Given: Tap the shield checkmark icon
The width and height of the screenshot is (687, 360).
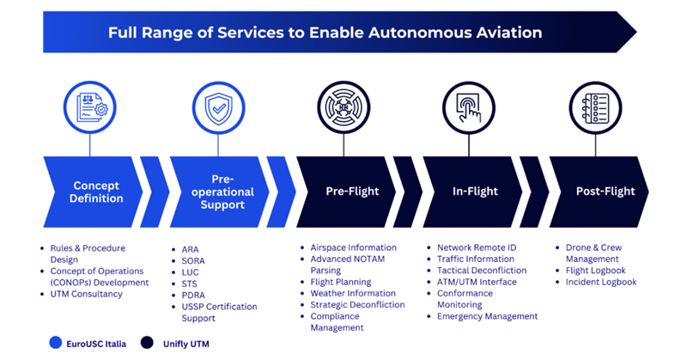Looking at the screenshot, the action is pos(219,108).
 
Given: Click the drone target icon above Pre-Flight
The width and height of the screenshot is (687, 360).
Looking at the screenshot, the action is pos(343,107).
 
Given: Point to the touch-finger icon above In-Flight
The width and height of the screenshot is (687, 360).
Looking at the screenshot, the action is pos(468,107).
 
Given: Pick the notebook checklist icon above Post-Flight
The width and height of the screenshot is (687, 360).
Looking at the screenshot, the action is pos(595,107).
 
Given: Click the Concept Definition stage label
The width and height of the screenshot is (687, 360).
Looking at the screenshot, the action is pos(96,192).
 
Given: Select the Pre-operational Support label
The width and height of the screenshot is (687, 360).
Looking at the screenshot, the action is pos(222,192).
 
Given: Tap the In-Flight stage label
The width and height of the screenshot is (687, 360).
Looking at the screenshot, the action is pos(475,192).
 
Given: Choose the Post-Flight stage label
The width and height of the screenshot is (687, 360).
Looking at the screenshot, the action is pos(605,192).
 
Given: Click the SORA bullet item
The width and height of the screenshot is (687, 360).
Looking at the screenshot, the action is pos(193,261).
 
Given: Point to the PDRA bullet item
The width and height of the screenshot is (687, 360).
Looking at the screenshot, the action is pos(193,295).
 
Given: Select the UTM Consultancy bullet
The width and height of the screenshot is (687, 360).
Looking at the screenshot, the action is pos(87,294).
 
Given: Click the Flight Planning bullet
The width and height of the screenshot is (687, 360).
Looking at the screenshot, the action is pos(340,282).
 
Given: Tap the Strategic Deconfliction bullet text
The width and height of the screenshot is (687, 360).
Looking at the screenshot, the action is pos(357,305).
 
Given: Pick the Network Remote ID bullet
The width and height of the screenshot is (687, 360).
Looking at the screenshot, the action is pos(477,247).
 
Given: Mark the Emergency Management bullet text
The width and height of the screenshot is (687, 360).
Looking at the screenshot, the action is pos(487,316).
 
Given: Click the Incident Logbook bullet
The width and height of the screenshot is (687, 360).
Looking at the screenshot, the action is pos(600,282).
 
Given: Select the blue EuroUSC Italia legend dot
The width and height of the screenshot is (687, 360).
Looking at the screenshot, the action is pos(56,343).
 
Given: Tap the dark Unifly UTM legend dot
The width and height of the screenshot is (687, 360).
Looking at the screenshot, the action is pos(147,343).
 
